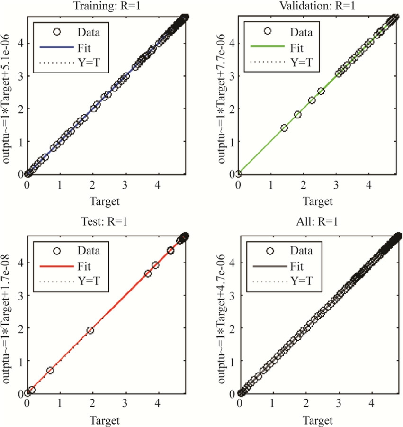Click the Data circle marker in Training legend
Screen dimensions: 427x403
(57, 32)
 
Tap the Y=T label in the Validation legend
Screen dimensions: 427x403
(302, 62)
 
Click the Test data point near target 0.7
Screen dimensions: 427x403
(50, 370)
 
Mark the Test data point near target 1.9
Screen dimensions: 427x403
(90, 330)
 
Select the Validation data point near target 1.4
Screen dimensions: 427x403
(285, 127)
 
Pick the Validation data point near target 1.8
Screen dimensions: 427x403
(298, 114)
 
